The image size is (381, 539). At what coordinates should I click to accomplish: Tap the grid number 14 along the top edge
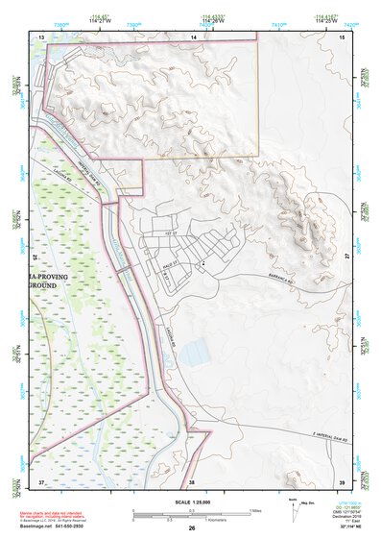point(192,37)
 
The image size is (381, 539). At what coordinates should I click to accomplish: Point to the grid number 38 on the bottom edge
point(191,480)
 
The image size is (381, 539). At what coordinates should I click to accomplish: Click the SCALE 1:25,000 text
point(191,502)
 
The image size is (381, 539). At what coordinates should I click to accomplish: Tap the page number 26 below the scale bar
point(192,527)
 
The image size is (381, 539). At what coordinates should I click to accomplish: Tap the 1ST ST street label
point(173,233)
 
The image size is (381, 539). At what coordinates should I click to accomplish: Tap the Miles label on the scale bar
point(256,509)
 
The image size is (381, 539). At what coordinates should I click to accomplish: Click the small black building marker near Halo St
point(203,260)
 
